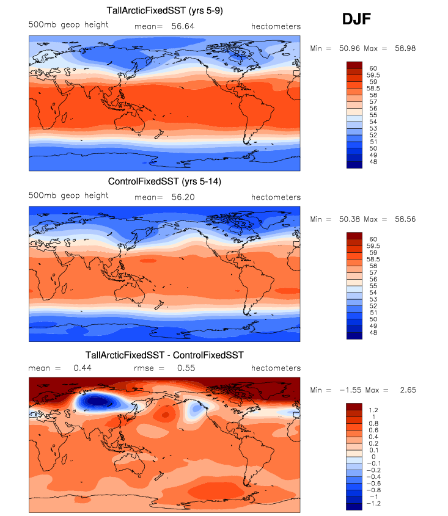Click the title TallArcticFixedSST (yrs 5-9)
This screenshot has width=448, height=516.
point(164,10)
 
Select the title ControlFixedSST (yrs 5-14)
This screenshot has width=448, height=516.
point(164,181)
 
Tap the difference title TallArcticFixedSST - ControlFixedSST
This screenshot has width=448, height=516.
point(164,354)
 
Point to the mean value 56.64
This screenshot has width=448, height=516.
point(180,26)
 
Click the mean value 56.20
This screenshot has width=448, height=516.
point(180,197)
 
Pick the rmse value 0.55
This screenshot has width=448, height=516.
point(186,368)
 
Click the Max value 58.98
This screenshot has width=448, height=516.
point(405,48)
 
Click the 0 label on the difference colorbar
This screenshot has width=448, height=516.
point(372,457)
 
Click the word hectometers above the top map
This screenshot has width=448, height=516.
point(276,26)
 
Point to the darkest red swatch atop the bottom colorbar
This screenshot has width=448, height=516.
point(355,406)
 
